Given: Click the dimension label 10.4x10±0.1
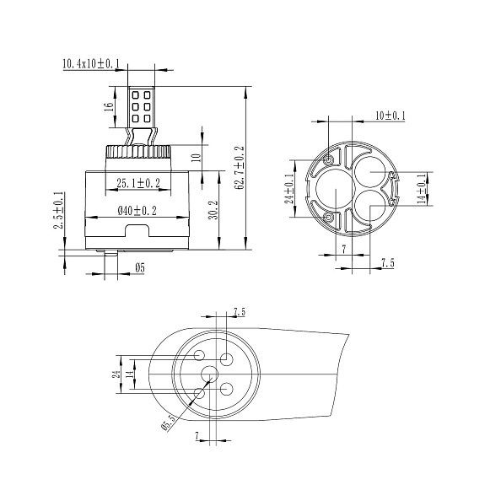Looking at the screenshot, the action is tap(91, 63).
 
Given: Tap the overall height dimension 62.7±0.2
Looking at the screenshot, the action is tap(239, 168).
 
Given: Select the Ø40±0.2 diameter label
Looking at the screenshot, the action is tap(137, 211).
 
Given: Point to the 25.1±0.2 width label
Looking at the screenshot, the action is tap(138, 183).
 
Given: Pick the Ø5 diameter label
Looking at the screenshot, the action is tap(140, 267).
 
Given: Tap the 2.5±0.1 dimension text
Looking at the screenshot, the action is tap(58, 210).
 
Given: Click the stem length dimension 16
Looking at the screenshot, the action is tap(109, 107).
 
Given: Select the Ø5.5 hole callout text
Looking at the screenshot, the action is tap(170, 423).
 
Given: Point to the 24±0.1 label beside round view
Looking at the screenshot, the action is tap(290, 189).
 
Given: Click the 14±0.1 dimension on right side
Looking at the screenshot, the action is tap(423, 189).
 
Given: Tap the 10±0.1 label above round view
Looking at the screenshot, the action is tap(391, 116).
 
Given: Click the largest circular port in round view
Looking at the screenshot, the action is tap(336, 189).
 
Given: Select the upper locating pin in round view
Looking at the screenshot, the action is tap(328, 160).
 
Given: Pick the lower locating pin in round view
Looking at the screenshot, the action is tap(328, 218).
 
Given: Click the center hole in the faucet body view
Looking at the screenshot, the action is tap(210, 374).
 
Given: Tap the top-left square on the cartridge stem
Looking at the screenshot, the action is tap(135, 95).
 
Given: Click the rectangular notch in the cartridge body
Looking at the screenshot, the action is tap(137, 230).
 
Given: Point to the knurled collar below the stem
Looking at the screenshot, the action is tap(137, 151).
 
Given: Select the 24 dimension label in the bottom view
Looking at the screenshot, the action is tap(116, 374).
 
